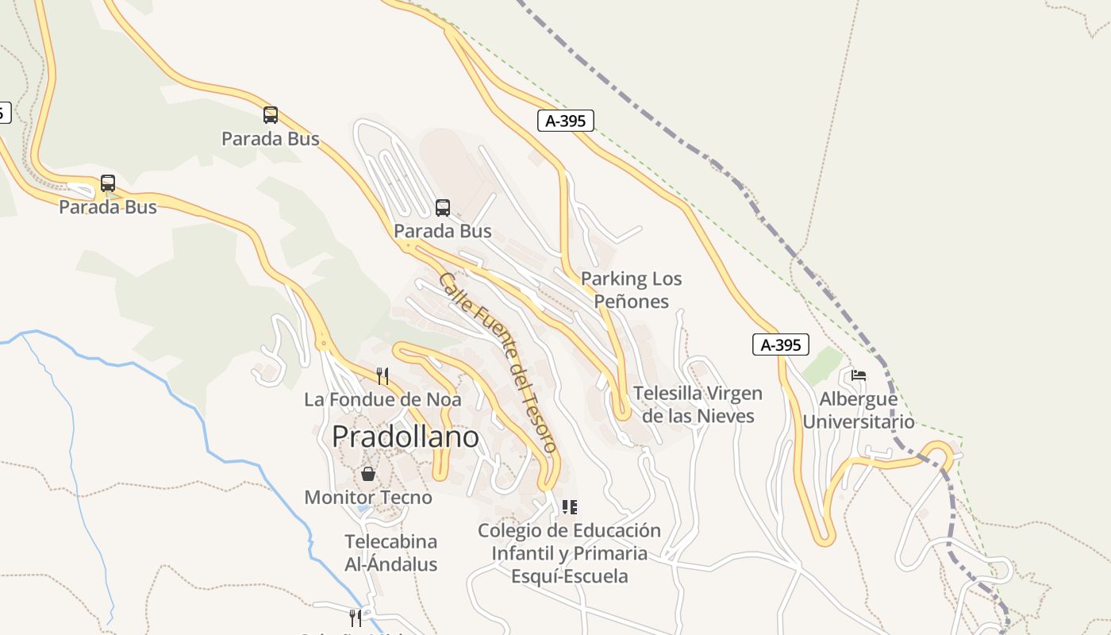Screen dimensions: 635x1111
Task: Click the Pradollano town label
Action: (x=405, y=437)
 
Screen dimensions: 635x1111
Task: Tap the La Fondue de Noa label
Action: (x=383, y=399)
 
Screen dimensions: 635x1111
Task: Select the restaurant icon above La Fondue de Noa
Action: (x=383, y=375)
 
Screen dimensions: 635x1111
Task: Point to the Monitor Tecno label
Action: (x=368, y=498)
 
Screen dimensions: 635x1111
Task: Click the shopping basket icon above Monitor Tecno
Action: (x=368, y=474)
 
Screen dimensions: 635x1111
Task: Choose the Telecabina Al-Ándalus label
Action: (x=390, y=553)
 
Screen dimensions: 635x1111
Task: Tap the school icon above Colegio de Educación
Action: (x=569, y=506)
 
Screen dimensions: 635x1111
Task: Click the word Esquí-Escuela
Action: (x=569, y=576)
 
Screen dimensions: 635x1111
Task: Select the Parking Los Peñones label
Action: (x=632, y=290)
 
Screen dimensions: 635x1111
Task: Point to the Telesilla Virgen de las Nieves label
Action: (x=698, y=404)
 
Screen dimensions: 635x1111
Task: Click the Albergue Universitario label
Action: (x=858, y=410)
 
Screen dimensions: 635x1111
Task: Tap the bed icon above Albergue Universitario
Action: (x=858, y=375)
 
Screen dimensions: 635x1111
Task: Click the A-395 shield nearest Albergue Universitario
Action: (x=781, y=344)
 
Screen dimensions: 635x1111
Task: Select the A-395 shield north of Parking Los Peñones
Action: (x=565, y=121)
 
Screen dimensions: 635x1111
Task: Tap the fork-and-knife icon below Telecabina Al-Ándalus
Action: (x=356, y=617)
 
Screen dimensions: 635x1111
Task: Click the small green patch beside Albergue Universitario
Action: (x=822, y=366)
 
